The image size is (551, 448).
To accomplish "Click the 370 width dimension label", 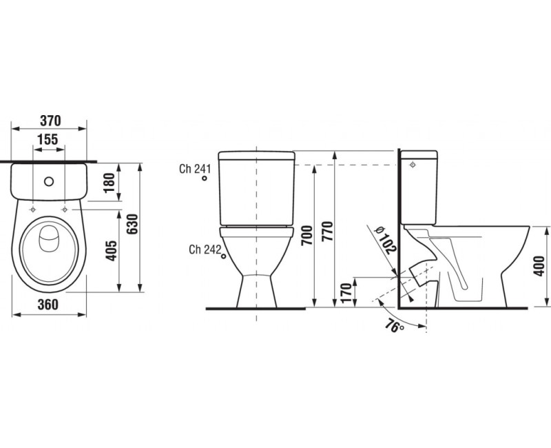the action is click(x=50, y=121).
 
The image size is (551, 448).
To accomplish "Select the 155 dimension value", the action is click(x=48, y=140).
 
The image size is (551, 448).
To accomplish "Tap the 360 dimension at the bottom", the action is click(x=48, y=305).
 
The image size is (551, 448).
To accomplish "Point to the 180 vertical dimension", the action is click(x=110, y=183).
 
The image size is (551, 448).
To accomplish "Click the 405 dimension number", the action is click(x=112, y=250).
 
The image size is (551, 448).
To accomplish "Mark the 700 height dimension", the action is click(x=306, y=236).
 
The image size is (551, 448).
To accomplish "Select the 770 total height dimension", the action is click(x=327, y=231).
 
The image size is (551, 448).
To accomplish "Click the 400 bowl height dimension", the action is click(x=539, y=266).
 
